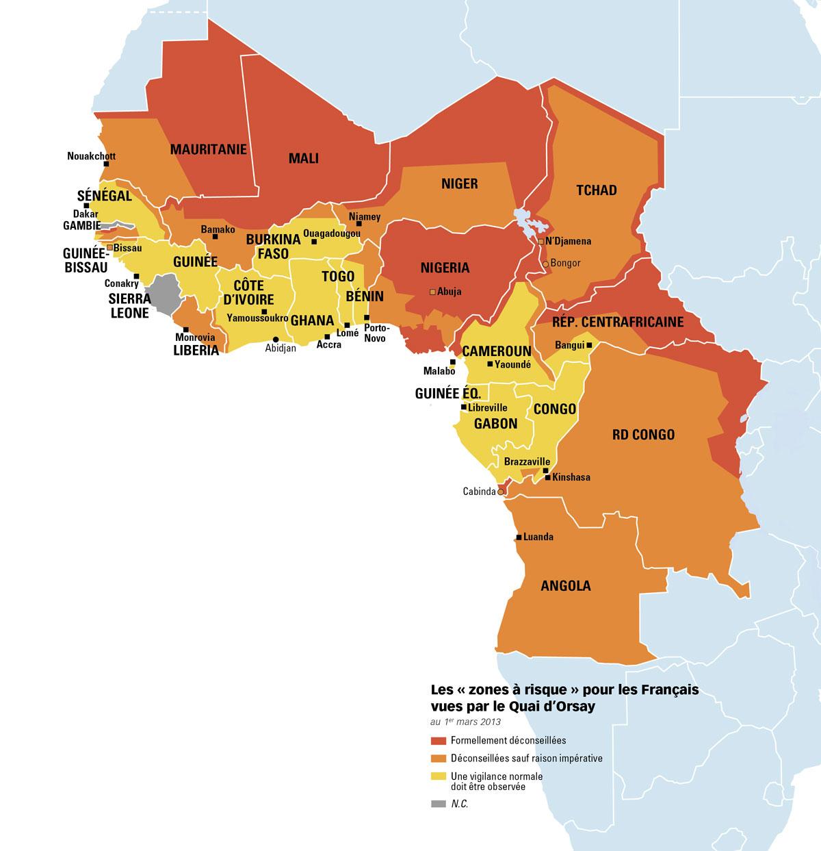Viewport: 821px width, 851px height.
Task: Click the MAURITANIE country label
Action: pos(208,149)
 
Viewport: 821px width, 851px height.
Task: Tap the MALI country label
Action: pos(304,158)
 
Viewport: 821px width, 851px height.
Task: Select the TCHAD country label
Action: pos(596,190)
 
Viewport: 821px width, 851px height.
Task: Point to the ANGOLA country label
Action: pos(565,586)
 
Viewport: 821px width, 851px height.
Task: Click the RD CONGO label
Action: pos(643,434)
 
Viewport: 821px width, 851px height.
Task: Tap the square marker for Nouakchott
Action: pos(106,164)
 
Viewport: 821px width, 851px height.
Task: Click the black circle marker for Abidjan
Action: pos(276,339)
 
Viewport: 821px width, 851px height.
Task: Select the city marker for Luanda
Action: pos(519,537)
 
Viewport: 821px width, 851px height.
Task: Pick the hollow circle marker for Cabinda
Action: pos(501,492)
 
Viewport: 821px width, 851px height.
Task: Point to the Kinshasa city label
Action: pos(571,477)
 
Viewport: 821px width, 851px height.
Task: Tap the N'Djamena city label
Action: pos(568,242)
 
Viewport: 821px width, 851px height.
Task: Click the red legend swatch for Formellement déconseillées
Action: pos(438,740)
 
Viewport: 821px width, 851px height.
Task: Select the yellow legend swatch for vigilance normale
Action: pos(438,776)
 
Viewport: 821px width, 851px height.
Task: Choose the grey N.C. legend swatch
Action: pos(438,804)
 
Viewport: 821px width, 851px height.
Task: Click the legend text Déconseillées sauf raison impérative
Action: pos(526,758)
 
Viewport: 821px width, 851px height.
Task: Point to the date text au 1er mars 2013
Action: pos(465,722)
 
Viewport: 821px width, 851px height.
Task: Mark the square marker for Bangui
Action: pos(589,345)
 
